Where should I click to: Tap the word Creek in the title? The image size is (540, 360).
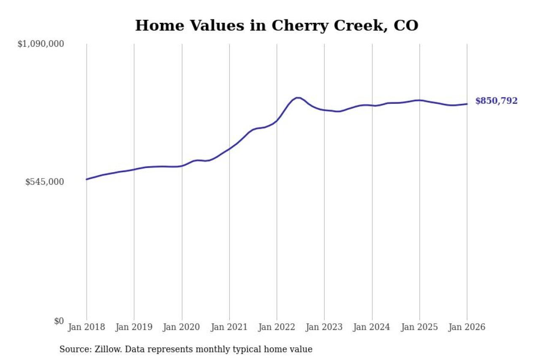click(358, 26)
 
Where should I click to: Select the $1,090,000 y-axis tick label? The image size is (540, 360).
click(40, 44)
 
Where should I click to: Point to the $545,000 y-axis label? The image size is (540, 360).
click(45, 182)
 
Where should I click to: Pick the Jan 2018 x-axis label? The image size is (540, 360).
click(86, 328)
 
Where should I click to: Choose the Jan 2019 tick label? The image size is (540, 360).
click(134, 328)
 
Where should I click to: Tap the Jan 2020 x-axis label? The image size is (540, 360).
click(182, 328)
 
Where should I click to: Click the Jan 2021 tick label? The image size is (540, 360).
click(229, 328)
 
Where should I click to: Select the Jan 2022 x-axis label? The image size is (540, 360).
click(277, 328)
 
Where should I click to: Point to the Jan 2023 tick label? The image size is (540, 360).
click(324, 328)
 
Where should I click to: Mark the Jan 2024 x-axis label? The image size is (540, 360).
click(372, 328)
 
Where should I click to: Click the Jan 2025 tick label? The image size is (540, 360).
click(420, 328)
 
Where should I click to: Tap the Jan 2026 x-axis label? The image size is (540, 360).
click(467, 328)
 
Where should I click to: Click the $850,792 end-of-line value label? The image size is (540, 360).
click(496, 101)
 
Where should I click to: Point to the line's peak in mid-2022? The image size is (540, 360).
click(298, 98)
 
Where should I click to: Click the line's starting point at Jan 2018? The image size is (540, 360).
click(87, 179)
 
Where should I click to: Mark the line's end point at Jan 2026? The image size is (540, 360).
click(467, 104)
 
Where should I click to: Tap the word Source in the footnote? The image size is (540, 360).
click(72, 349)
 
